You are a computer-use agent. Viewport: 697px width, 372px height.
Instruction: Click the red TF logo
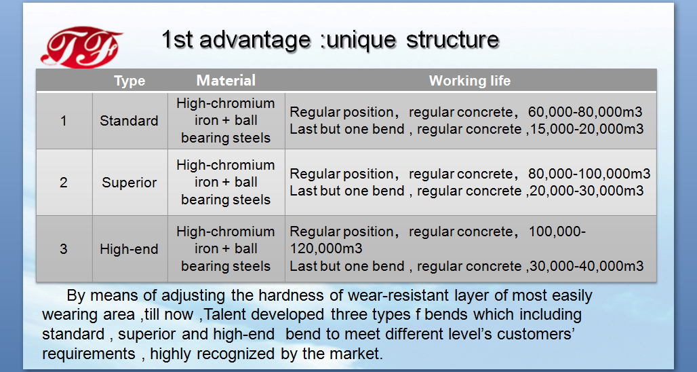point(81,47)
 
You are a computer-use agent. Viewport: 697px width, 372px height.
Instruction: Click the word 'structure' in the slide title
point(452,39)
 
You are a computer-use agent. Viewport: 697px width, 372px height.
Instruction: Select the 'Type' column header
point(130,81)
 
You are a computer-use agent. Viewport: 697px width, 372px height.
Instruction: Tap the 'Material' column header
point(226,80)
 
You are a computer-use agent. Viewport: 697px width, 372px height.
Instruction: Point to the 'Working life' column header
point(469,81)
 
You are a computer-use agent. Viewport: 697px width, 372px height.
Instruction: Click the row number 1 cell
point(64,121)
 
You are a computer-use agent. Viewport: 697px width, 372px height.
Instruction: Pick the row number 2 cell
point(64,183)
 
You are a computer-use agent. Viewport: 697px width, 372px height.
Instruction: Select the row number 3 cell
point(64,248)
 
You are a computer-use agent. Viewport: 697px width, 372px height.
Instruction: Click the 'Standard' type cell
point(130,121)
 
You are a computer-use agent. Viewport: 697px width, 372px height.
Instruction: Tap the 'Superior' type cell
point(130,183)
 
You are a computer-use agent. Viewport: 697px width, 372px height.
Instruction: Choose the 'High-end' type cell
point(130,248)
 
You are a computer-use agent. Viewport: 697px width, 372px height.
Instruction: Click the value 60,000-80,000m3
point(585,112)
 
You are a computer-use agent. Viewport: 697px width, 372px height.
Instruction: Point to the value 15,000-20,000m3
point(586,129)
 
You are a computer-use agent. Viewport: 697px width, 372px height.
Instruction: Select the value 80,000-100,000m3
point(589,174)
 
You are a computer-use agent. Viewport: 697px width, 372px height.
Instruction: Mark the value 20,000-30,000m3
point(586,191)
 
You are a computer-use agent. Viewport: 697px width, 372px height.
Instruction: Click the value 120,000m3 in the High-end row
point(326,248)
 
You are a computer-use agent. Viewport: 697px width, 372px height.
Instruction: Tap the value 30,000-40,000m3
point(586,266)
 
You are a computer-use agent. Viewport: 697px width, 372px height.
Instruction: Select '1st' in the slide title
point(177,39)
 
